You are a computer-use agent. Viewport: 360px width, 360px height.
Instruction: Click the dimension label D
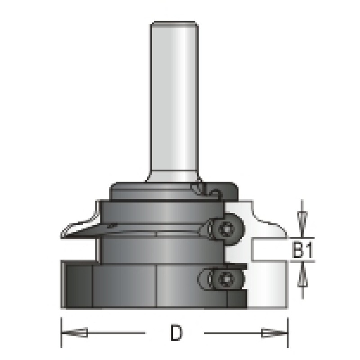176,333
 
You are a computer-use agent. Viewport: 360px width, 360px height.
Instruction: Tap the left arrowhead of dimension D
75,333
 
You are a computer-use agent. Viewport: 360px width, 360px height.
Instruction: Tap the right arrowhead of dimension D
274,333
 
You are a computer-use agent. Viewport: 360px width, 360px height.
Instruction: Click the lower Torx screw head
225,279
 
